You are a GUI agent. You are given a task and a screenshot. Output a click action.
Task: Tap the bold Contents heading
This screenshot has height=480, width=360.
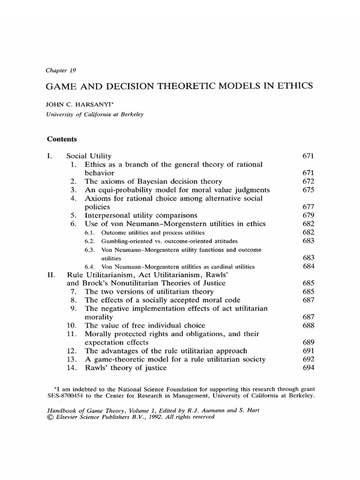click(62, 139)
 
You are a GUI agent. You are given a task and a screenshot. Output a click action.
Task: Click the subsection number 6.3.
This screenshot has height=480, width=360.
click(90, 249)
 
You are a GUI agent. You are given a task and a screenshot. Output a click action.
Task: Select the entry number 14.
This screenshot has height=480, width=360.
click(73, 368)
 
